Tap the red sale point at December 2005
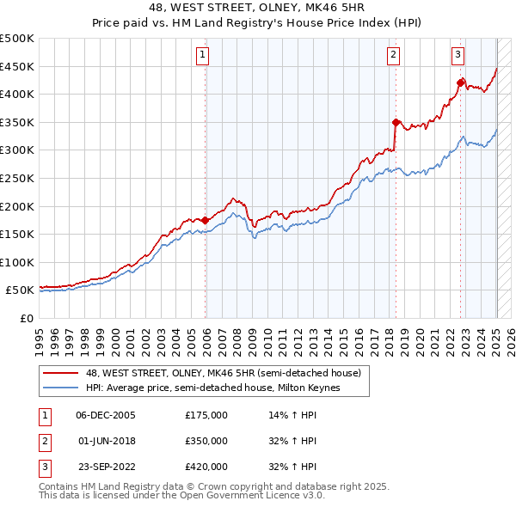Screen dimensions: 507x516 pos(206,220)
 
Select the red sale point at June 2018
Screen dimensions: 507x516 pos(396,122)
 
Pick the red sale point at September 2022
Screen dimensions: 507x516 pos(461,82)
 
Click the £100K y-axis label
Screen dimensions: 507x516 pos(17,262)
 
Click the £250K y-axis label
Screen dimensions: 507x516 pos(17,178)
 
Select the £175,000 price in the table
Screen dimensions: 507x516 pos(206,415)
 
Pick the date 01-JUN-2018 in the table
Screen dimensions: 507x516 pos(106,441)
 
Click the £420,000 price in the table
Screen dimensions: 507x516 pos(206,467)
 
